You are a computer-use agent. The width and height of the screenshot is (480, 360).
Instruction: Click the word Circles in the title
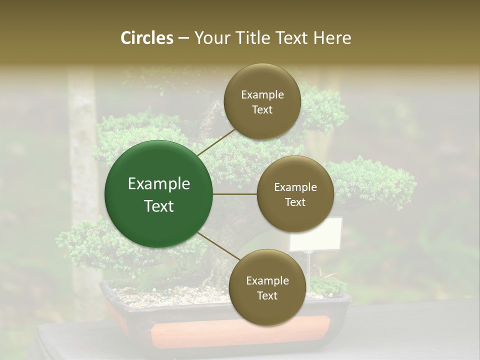147,38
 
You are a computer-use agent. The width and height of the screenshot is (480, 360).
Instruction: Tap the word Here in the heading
332,38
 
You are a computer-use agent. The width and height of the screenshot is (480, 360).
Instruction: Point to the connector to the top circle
216,142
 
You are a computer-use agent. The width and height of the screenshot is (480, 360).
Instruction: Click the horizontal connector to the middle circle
235,194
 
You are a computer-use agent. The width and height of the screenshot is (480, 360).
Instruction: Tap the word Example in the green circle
159,184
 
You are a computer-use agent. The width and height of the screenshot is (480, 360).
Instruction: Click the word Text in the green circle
159,206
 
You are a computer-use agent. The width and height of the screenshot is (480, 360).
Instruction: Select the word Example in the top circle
262,95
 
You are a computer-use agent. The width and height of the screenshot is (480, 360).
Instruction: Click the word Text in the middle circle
295,202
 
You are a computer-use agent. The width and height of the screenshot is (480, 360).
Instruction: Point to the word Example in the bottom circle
267,281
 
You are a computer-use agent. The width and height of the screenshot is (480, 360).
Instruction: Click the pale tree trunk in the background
82,150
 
